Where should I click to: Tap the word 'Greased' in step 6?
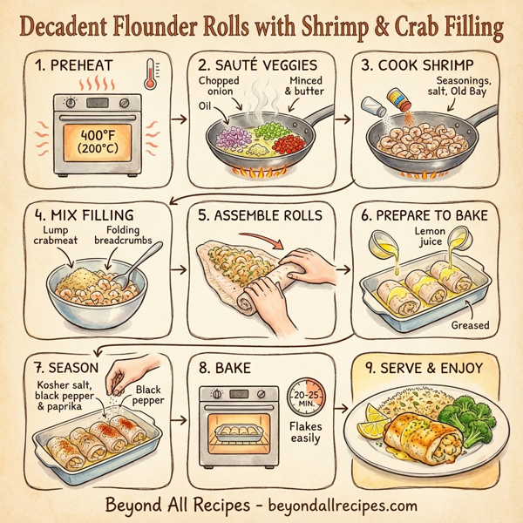click(x=472, y=324)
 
